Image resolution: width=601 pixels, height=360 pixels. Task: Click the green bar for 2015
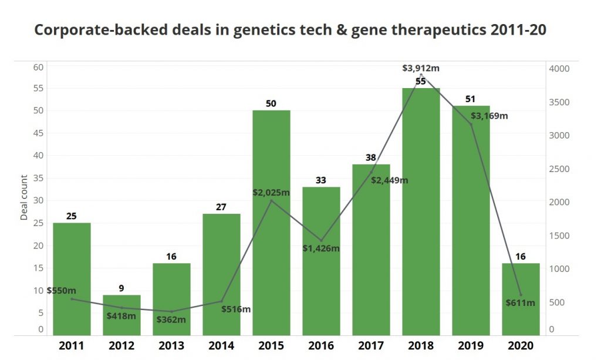click(x=271, y=223)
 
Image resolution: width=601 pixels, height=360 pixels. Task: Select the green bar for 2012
click(x=121, y=315)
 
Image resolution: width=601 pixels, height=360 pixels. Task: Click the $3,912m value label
click(x=421, y=68)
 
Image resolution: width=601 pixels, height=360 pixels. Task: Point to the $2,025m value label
click(x=272, y=192)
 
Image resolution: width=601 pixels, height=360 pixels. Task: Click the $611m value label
click(x=520, y=302)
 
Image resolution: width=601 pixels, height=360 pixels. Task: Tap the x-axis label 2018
click(x=421, y=345)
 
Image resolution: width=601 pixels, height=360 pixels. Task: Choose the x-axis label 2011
click(x=72, y=345)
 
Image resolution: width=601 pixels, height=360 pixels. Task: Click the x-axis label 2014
click(x=221, y=345)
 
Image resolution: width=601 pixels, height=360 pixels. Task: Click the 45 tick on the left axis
click(x=38, y=133)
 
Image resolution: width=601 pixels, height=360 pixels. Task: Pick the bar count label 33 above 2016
click(x=321, y=180)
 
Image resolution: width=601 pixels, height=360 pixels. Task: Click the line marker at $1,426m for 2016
click(x=321, y=241)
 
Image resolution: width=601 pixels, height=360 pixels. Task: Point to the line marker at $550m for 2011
click(x=72, y=299)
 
